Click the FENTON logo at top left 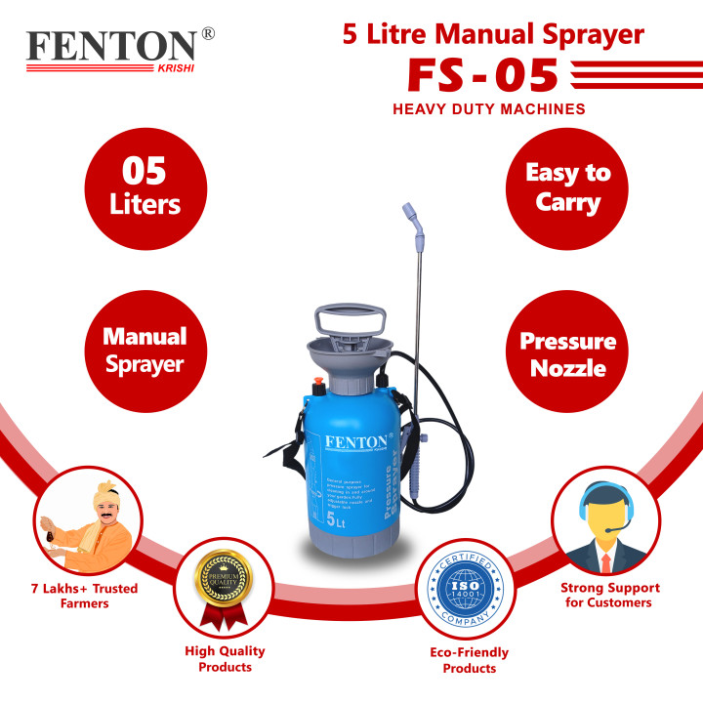111,48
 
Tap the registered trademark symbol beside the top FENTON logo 208,34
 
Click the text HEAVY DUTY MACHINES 489,109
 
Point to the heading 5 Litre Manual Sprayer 492,35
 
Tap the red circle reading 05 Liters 145,188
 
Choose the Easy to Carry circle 567,188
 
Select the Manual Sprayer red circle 145,351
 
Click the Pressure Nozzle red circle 567,353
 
